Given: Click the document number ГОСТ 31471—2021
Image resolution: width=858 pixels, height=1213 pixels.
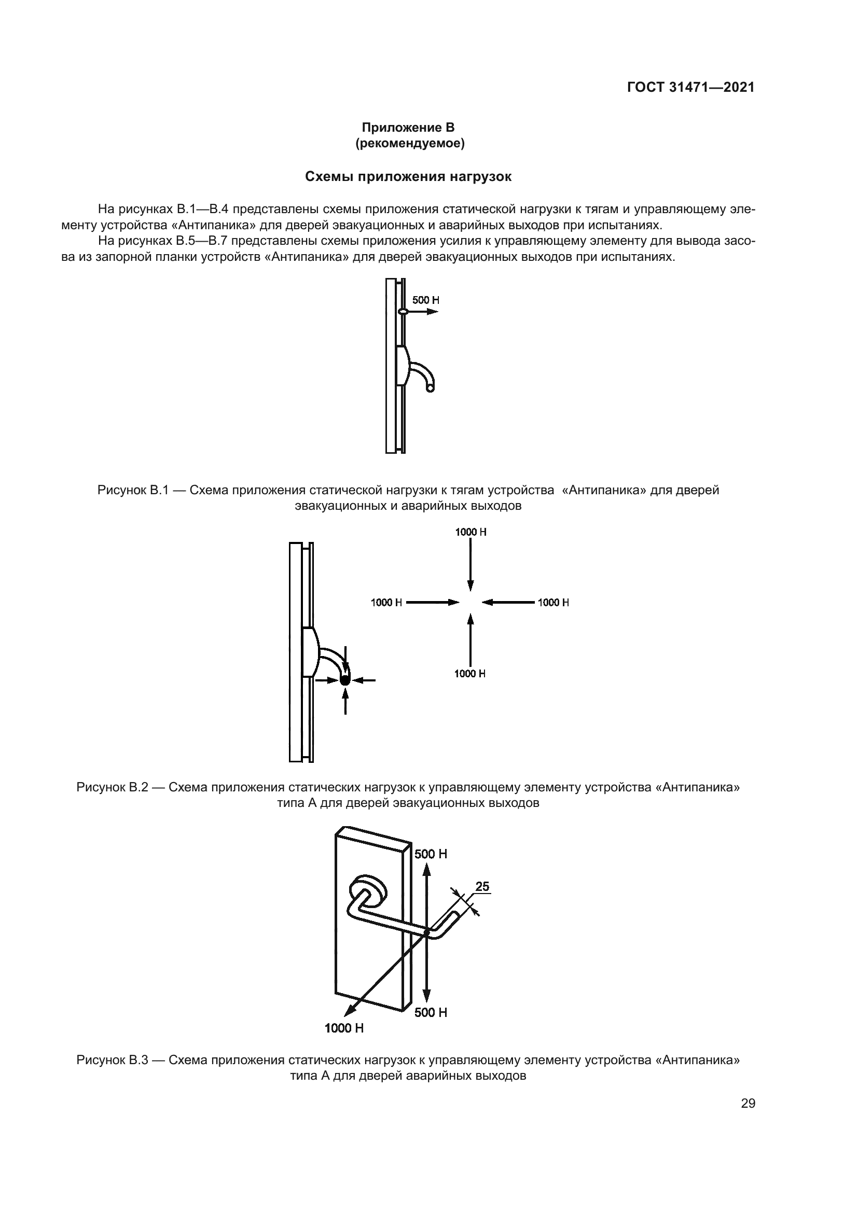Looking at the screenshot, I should tap(690, 87).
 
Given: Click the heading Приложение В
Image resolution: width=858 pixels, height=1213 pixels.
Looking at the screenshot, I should tap(408, 128).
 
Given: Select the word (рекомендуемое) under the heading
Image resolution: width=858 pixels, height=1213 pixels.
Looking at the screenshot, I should tap(410, 144).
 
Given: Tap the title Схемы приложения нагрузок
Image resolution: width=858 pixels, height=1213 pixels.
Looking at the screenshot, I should tap(408, 177).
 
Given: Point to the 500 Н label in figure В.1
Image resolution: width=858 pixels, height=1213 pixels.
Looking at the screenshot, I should tap(425, 300).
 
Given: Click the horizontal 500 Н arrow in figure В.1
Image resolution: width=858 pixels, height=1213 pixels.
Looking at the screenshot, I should tap(423, 312).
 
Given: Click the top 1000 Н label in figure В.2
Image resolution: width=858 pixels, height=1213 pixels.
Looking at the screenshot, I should tap(470, 532).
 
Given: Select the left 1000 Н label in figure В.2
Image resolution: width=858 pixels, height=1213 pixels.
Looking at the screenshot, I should tap(386, 602).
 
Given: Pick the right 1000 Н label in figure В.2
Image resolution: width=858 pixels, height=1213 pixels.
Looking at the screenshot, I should tap(553, 602).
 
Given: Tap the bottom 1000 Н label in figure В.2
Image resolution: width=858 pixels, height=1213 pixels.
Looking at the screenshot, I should tap(469, 674).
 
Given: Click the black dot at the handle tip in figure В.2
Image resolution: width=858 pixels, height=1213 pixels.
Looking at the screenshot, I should tap(345, 680).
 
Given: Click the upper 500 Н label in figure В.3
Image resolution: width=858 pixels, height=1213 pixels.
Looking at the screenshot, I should tap(431, 854).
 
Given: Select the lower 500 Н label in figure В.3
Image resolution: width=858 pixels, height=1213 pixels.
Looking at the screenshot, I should tap(431, 1013).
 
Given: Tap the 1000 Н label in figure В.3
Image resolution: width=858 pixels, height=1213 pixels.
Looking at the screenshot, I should tap(344, 1028).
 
